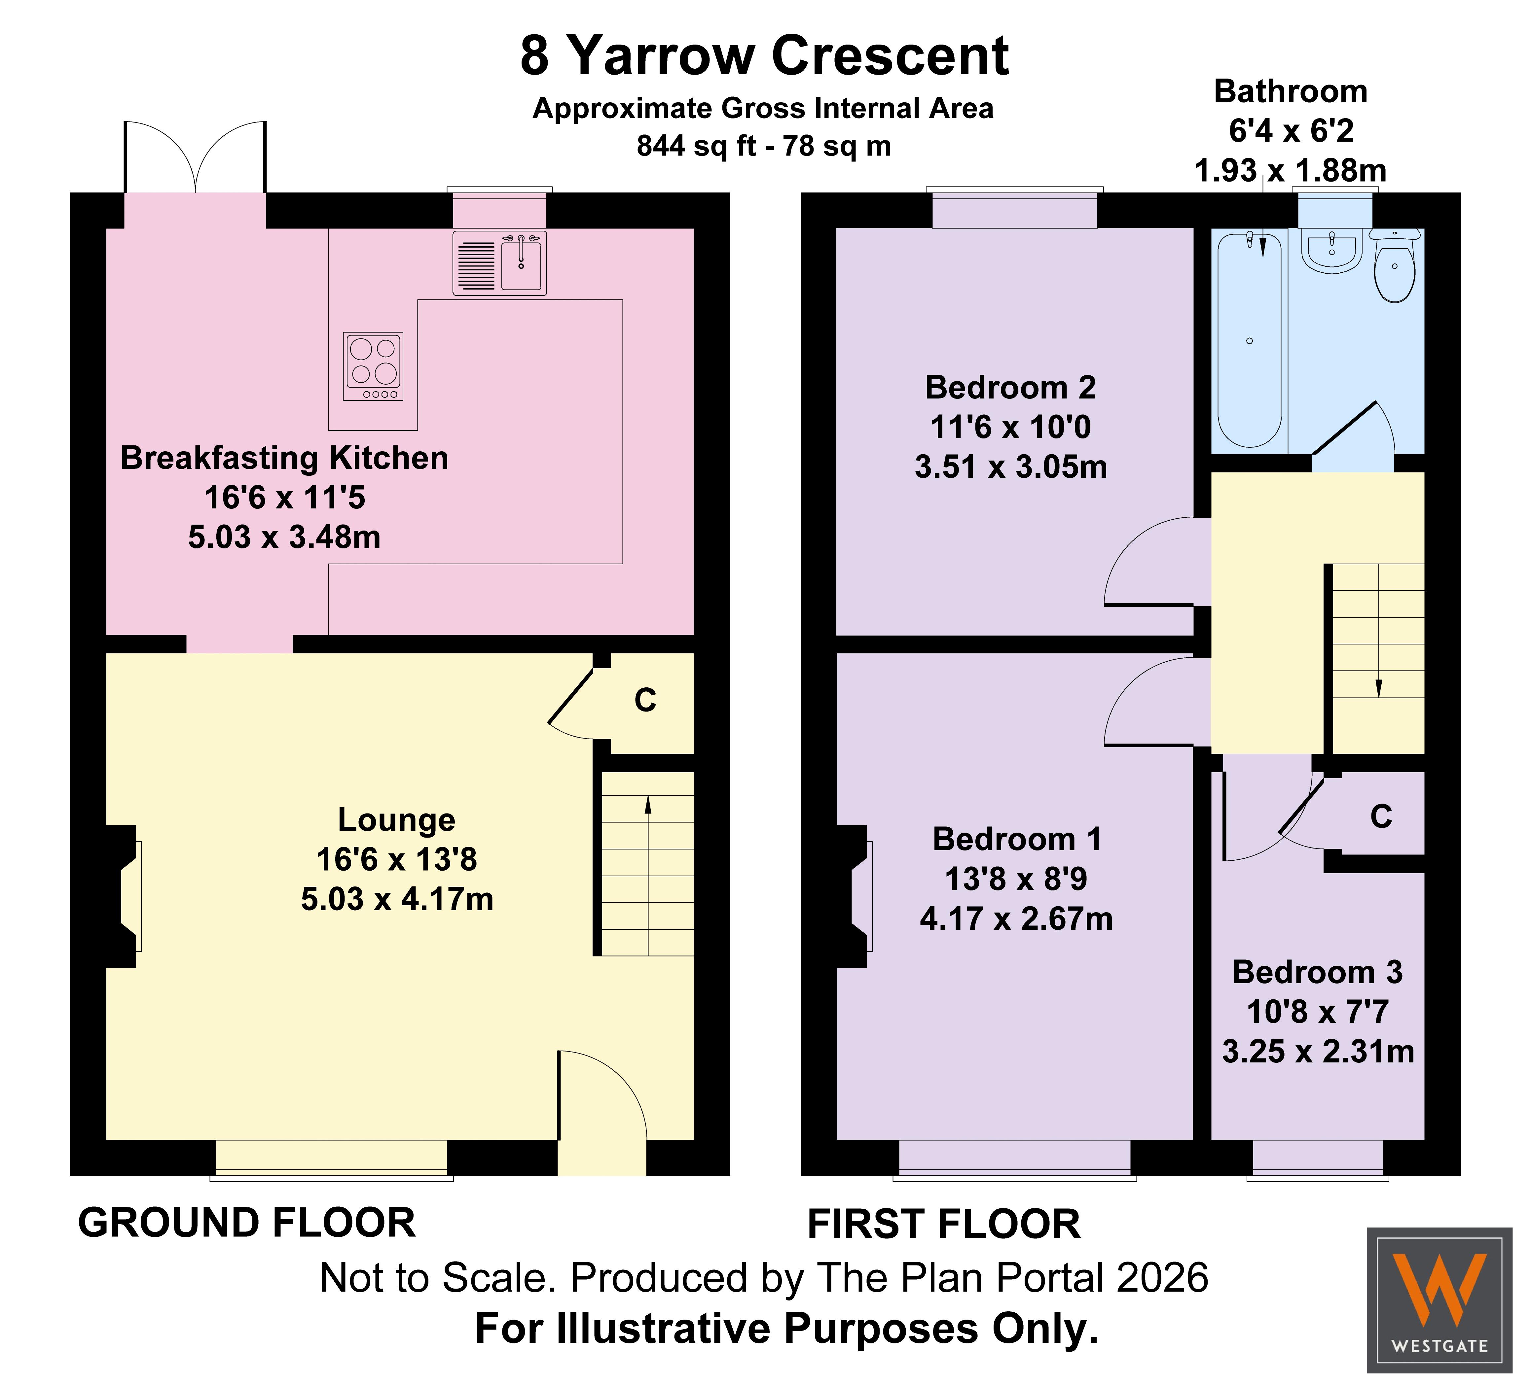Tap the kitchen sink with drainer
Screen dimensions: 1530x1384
point(499,262)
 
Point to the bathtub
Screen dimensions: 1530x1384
point(1249,339)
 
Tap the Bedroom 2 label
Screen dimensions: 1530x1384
point(1010,388)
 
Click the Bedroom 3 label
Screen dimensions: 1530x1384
point(1318,972)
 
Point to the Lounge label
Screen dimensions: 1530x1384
point(396,819)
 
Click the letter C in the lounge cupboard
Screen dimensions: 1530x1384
point(645,700)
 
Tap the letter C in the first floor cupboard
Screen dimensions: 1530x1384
point(1381,816)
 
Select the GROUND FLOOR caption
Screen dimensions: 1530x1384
point(247,1223)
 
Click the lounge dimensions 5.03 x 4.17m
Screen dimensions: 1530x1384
point(397,899)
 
